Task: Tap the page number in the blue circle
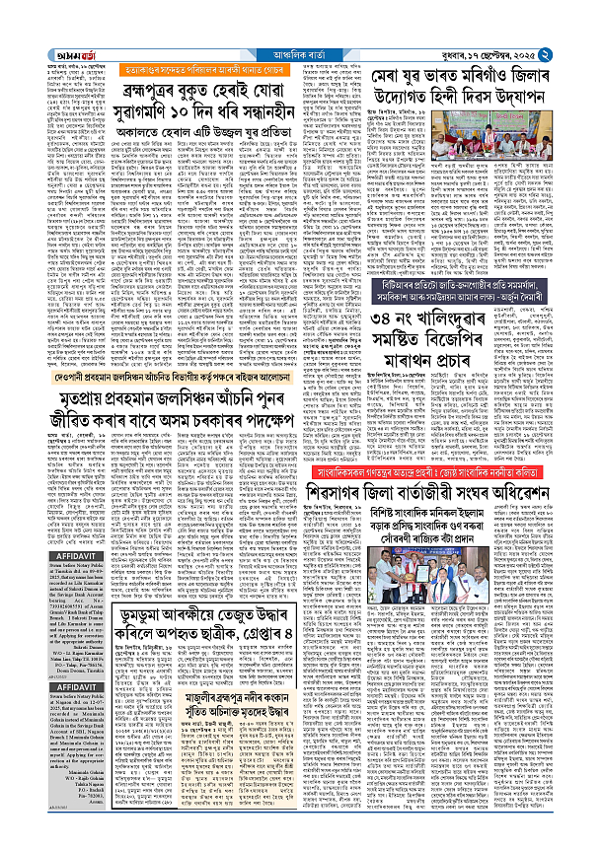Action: point(588,13)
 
